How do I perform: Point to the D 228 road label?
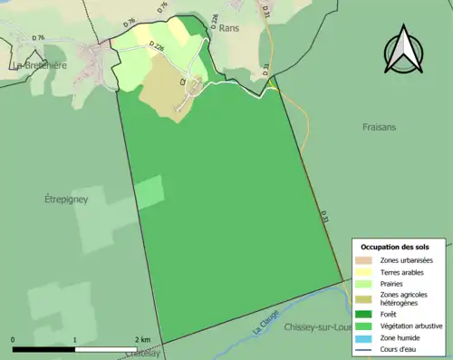tap(215, 22)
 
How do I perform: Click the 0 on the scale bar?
tap(13, 339)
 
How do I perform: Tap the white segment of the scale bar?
tap(107, 349)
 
